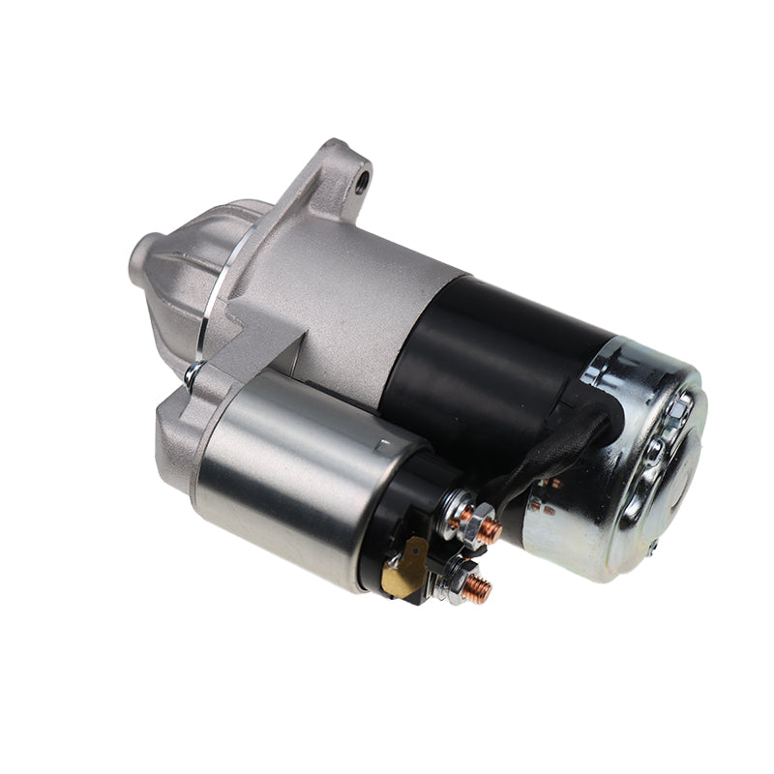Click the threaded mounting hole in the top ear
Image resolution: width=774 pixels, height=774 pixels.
[x=363, y=178]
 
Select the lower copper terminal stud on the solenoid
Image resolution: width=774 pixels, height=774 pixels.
[x=477, y=586]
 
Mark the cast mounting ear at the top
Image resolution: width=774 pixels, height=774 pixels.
[x=334, y=179]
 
